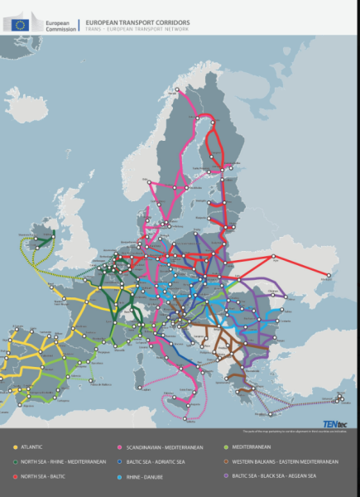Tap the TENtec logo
tap(335, 424)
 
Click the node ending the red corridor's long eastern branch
tap(330, 276)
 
